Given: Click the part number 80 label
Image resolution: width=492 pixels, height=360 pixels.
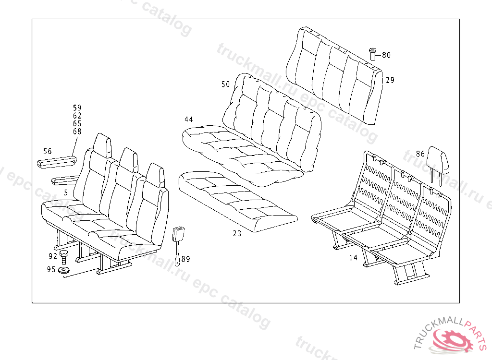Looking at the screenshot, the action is coord(386,55).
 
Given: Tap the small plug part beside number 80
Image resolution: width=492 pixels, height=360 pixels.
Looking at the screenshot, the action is coord(372,53).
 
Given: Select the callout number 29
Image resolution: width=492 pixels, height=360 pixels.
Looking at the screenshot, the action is coord(390,80).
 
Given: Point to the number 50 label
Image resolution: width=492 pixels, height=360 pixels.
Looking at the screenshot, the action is coord(225,84).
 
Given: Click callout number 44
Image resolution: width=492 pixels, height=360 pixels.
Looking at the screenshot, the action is coord(188,119).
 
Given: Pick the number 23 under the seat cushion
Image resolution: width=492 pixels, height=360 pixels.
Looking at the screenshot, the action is coord(237,234).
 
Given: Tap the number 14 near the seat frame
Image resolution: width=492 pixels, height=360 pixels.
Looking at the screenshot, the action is coord(353,258).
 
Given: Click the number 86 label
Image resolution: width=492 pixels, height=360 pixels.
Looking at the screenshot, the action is coord(420,154).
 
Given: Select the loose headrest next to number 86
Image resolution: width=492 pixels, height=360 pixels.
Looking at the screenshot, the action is coord(440,161).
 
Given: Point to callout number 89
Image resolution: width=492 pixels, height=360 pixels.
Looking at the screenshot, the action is coord(185,259).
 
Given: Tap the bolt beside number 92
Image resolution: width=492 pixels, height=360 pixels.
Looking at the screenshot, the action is coord(63,255).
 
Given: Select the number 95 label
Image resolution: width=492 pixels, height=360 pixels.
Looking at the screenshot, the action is coord(51,269).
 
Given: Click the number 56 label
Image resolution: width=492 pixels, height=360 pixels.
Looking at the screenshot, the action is coord(48,152).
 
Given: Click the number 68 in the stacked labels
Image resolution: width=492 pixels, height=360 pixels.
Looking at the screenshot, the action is coord(77,131).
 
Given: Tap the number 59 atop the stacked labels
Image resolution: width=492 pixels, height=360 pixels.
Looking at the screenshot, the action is coord(77,108).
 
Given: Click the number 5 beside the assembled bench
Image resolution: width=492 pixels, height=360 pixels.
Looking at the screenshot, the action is coord(65,192).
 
